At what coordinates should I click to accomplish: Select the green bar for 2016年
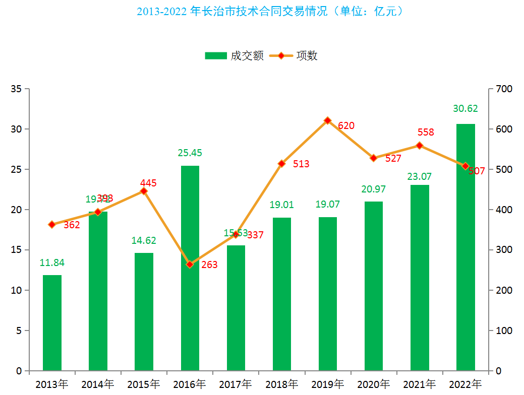[x=190, y=268]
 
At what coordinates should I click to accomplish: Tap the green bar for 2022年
[x=465, y=247]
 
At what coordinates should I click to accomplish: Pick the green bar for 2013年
[x=52, y=322]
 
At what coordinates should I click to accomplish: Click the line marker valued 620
[x=327, y=120]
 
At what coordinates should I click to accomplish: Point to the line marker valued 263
[x=190, y=264]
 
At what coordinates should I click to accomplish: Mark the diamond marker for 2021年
[x=419, y=146]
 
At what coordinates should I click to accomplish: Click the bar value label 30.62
[x=465, y=108]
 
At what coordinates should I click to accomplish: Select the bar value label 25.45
[x=190, y=153]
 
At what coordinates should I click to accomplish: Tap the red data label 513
[x=301, y=164]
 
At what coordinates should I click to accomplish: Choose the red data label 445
[x=148, y=183]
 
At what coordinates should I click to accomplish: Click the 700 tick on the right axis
[x=504, y=89]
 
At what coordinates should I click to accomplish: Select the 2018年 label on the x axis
[x=281, y=384]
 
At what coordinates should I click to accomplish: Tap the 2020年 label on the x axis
[x=373, y=384]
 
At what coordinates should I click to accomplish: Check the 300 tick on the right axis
[x=504, y=250]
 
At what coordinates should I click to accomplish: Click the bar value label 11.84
[x=52, y=262]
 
